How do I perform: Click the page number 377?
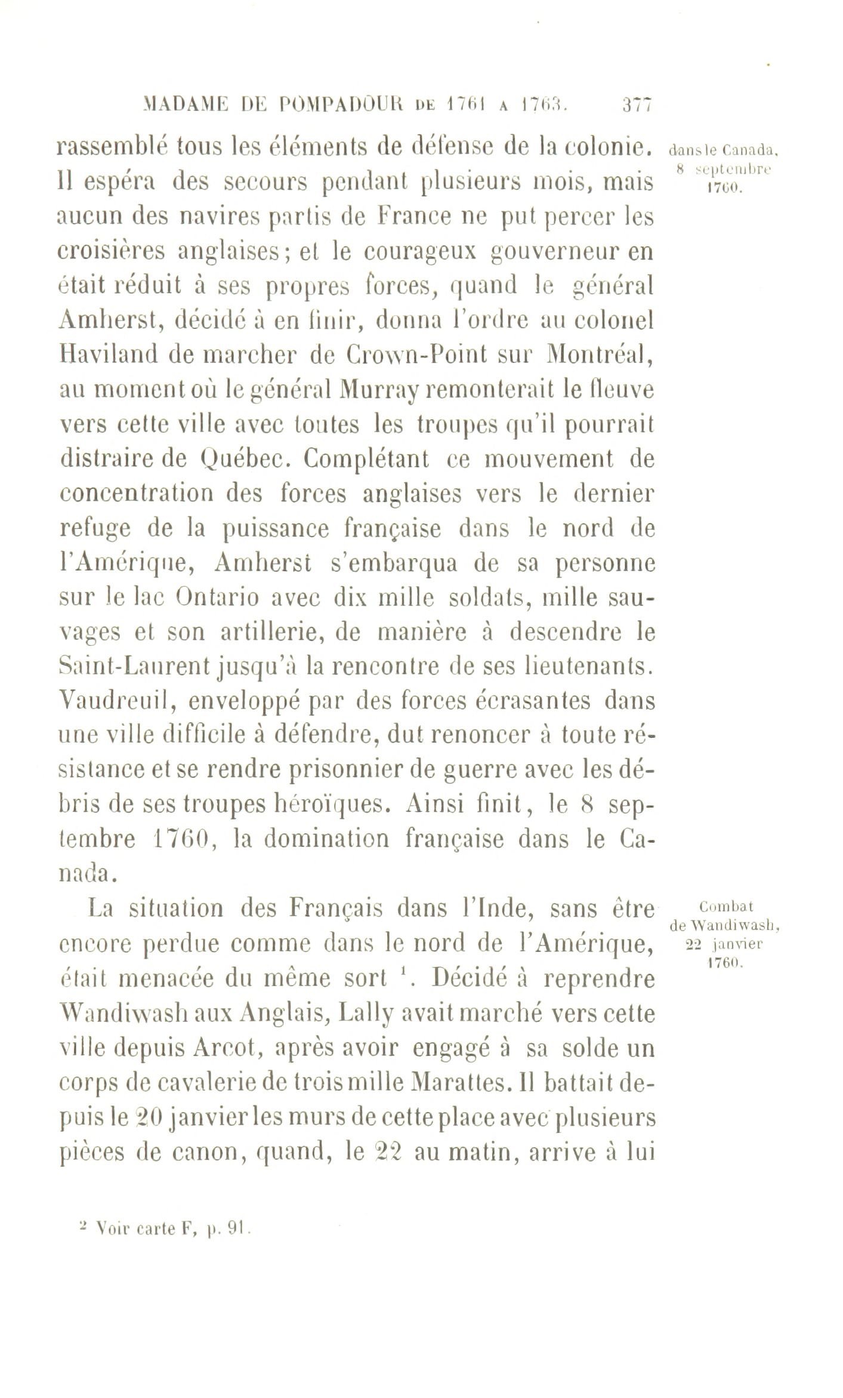point(637,106)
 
